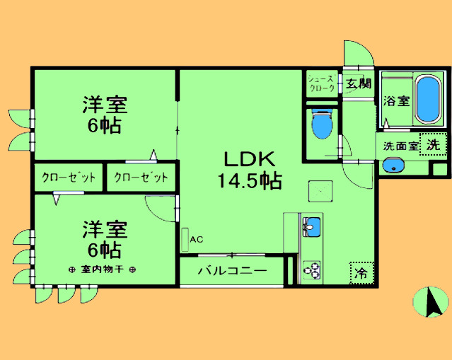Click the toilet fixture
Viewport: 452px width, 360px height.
pos(322,125)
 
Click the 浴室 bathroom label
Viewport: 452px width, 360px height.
pos(396,101)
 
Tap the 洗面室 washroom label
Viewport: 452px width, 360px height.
pos(401,146)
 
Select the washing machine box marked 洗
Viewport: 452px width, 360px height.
pos(433,144)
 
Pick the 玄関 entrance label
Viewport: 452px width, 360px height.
pos(359,84)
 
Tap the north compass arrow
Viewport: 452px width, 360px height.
pos(430,302)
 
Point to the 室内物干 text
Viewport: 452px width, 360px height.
pos(103,269)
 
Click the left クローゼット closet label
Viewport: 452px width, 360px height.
pos(68,178)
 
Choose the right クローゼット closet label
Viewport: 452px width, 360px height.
pos(141,178)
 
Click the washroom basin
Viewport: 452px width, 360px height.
pos(392,166)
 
